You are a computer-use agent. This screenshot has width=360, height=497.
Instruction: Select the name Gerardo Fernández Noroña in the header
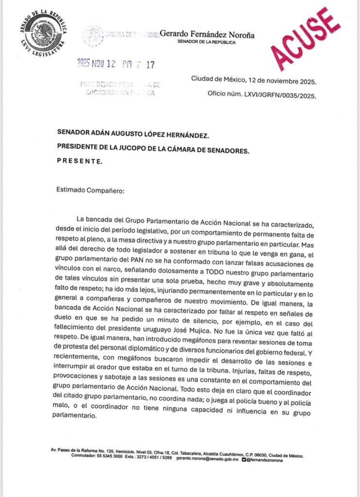pyautogui.click(x=207, y=34)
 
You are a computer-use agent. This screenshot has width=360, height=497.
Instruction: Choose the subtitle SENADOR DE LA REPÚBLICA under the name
pyautogui.click(x=207, y=43)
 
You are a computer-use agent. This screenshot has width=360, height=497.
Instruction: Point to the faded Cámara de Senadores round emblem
pyautogui.click(x=92, y=35)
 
